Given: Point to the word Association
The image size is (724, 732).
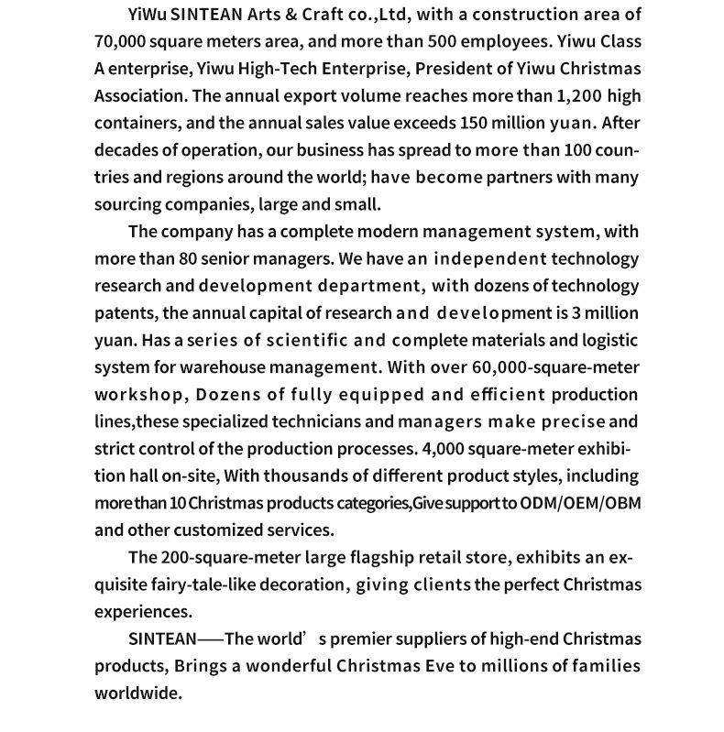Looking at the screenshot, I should click(x=137, y=95).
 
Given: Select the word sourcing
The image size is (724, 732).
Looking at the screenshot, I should click(x=127, y=204).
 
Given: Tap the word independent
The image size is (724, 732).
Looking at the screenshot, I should click(x=492, y=259).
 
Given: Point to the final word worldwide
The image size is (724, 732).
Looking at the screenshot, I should click(x=138, y=694).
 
